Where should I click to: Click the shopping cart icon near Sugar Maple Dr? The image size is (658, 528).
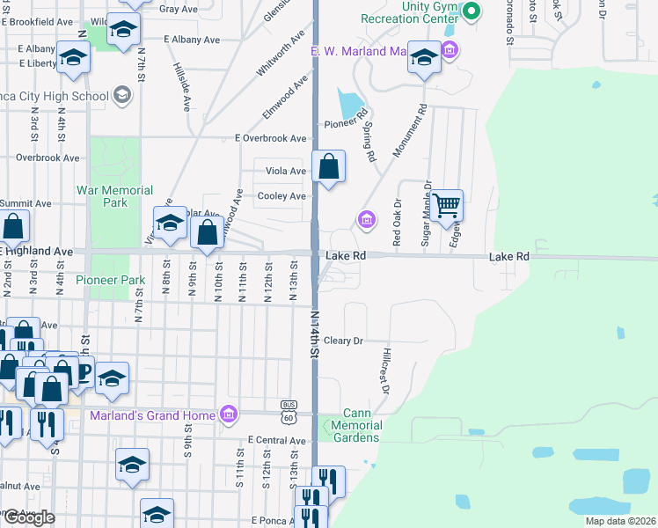pos(447,206)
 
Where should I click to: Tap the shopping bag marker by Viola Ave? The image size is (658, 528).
pos(328,165)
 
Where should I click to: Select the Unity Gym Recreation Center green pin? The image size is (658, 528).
pos(472,11)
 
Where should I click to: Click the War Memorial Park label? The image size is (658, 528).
pos(114,196)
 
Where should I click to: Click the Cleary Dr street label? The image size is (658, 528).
pos(343,341)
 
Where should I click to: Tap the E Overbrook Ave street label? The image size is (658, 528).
pos(270,138)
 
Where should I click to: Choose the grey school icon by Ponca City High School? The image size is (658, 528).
pos(121,96)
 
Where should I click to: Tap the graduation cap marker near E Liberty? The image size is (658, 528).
pos(74,57)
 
